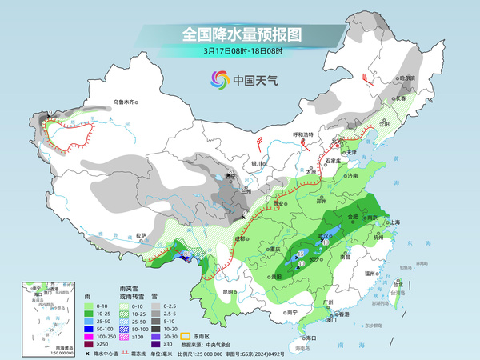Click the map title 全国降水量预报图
241,34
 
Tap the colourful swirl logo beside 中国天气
220,79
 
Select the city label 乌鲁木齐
126,102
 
